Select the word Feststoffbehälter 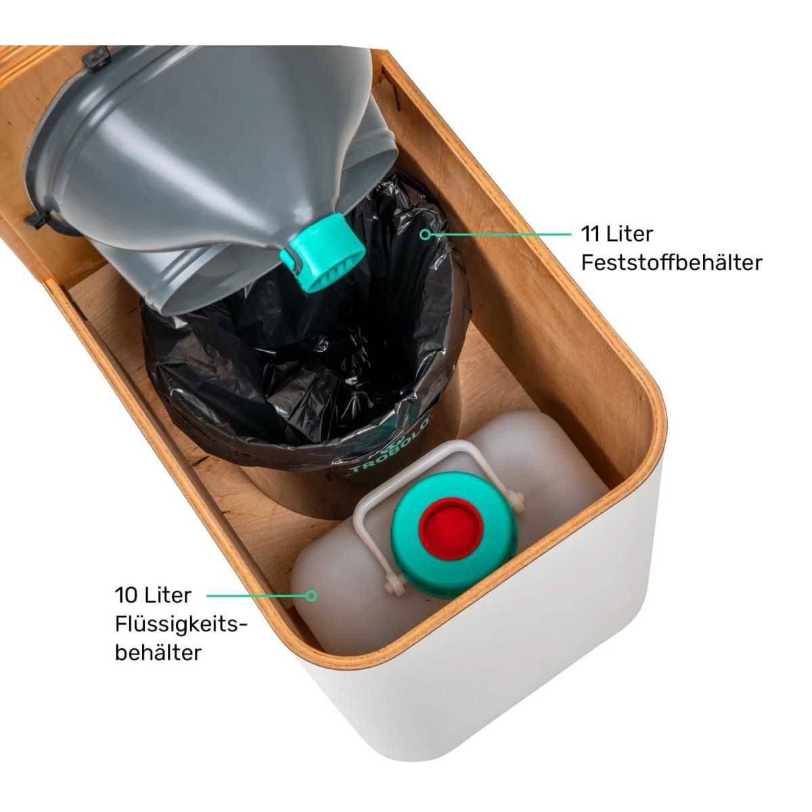click(672, 263)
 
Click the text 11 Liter click(617, 234)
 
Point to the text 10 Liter click(153, 595)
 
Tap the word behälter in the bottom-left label click(158, 653)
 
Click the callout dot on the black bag click(426, 234)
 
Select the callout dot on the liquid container click(311, 595)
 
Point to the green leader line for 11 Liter click(501, 234)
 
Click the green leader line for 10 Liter click(256, 595)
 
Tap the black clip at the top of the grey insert click(97, 58)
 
